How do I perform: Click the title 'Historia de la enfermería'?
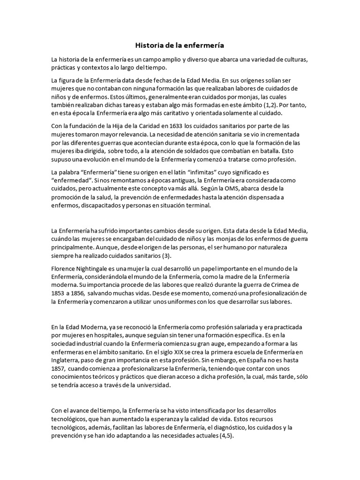(x=180, y=45)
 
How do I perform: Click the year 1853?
(x=58, y=293)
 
